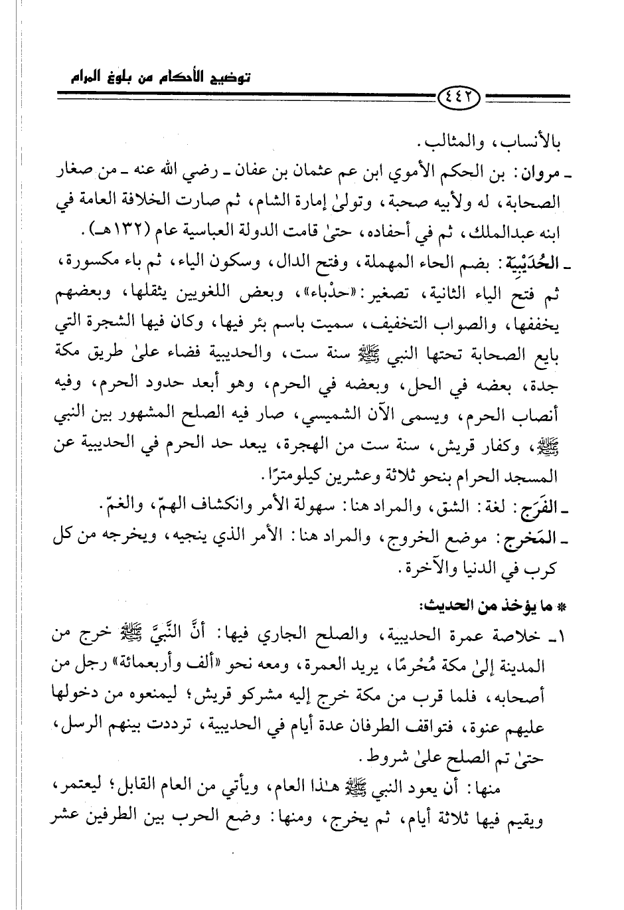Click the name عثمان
[349, 176]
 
